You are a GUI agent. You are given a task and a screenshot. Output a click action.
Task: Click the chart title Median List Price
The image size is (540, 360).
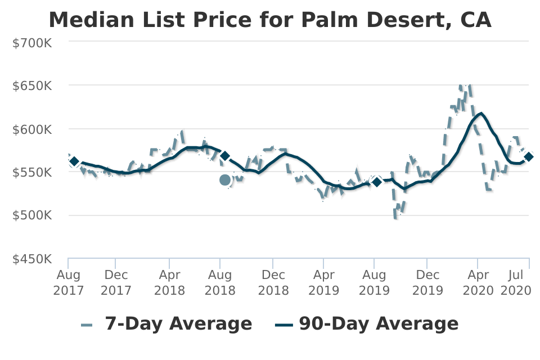pyautogui.click(x=270, y=20)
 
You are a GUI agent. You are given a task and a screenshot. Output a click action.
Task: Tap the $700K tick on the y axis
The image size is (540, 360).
pyautogui.click(x=33, y=42)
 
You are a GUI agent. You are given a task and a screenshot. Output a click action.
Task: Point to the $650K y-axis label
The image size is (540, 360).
pyautogui.click(x=33, y=85)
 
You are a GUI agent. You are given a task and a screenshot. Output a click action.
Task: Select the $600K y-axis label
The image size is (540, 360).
pyautogui.click(x=33, y=129)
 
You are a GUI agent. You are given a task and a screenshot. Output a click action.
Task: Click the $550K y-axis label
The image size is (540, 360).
pyautogui.click(x=33, y=172)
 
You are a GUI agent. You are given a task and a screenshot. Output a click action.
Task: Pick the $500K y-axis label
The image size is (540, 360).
pyautogui.click(x=33, y=215)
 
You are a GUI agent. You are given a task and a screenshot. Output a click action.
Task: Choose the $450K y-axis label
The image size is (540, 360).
pyautogui.click(x=33, y=259)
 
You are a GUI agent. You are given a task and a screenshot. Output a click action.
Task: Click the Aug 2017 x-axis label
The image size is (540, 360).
pyautogui.click(x=68, y=282)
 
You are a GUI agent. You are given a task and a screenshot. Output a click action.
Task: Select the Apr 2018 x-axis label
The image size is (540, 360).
pyautogui.click(x=169, y=282)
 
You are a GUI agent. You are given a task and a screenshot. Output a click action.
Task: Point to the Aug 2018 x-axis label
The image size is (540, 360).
pyautogui.click(x=220, y=282)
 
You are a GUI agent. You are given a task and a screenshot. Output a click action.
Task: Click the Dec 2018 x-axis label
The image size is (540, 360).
pyautogui.click(x=273, y=282)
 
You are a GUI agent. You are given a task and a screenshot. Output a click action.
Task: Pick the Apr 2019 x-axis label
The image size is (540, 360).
pyautogui.click(x=323, y=282)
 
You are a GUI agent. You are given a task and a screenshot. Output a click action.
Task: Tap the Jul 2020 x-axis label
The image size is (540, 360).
pyautogui.click(x=516, y=282)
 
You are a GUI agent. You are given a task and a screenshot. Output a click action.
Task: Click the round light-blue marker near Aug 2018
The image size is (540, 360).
pyautogui.click(x=225, y=180)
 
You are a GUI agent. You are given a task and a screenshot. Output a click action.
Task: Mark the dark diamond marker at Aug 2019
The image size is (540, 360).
pyautogui.click(x=377, y=181)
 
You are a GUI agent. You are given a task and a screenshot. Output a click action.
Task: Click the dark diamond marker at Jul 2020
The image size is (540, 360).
pyautogui.click(x=529, y=157)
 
